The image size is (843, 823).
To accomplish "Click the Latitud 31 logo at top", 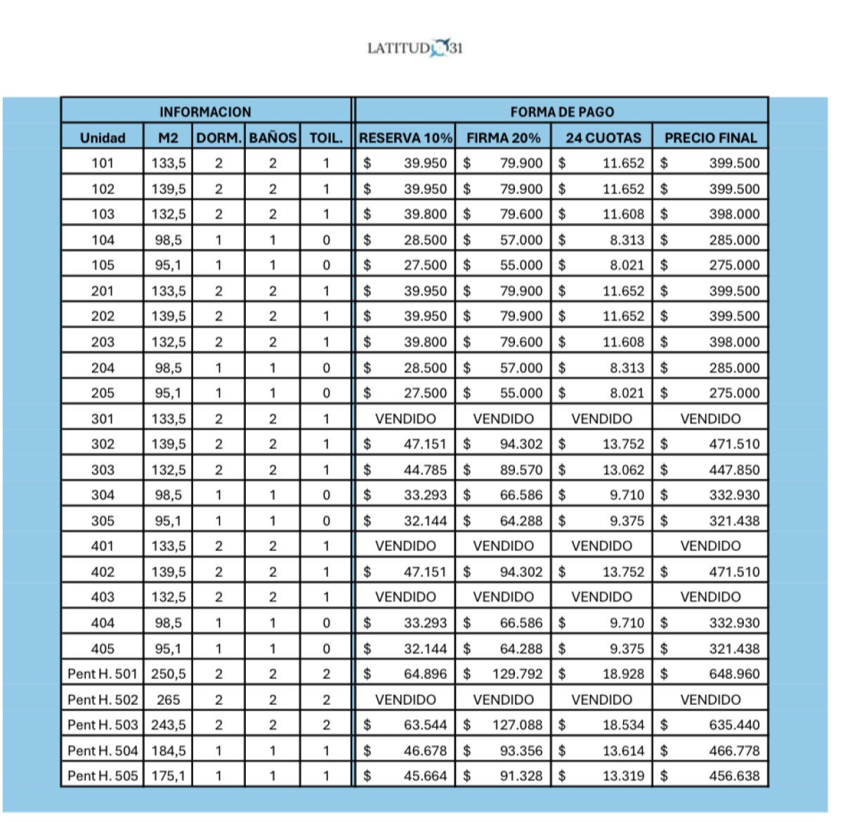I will coord(415,48).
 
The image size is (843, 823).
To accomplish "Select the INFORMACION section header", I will coord(205,112).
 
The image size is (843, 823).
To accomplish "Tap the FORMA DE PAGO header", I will coord(562,112).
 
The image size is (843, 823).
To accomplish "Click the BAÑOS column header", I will coord(273,138).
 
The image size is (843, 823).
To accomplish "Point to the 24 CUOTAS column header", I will coord(603,138).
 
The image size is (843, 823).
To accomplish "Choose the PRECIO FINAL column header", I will coord(710,138).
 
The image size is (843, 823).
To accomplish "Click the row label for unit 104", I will coord(103,240).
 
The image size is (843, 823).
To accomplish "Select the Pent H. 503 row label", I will coord(103,725).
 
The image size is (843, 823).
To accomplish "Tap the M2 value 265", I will coord(169,699).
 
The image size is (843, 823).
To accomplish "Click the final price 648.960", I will coord(734,674).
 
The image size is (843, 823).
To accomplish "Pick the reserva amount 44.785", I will coord(425,469).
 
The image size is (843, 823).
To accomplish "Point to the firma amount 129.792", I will coord(517,674).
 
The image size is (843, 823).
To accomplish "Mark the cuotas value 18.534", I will coord(623,725).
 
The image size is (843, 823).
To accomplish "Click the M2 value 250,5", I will coord(169,674).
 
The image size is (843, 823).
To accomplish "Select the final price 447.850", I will coord(734,469).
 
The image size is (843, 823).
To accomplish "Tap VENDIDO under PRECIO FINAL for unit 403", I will coord(710,597).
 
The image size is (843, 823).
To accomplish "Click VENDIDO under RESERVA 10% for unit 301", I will coord(405,419).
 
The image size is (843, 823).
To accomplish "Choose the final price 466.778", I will coord(734,751).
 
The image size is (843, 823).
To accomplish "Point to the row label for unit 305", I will coord(103,521).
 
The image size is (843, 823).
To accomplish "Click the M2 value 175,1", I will coord(169,776).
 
